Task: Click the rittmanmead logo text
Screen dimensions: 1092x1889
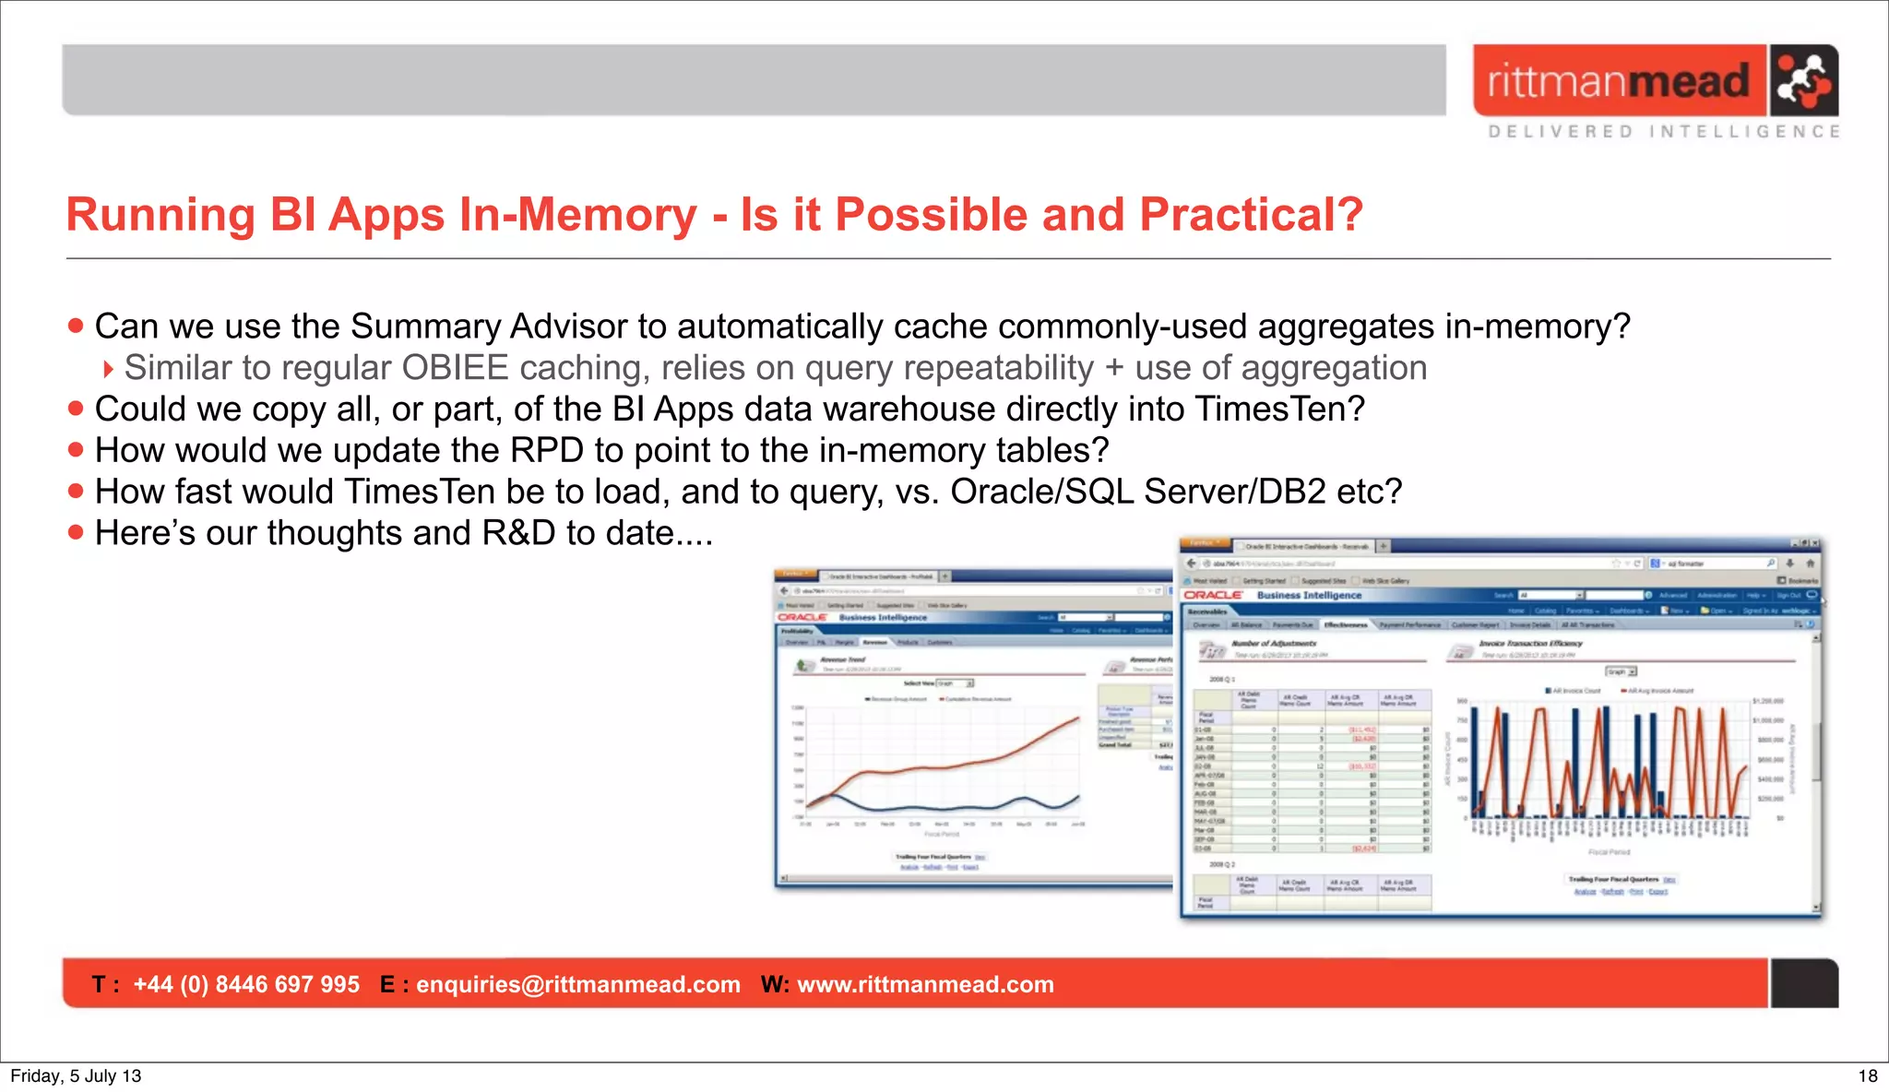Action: pyautogui.click(x=1618, y=81)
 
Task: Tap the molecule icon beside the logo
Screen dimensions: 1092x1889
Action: pyautogui.click(x=1803, y=80)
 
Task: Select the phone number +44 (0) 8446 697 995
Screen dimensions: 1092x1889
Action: pyautogui.click(x=246, y=984)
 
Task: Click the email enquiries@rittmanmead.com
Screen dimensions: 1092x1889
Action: pyautogui.click(x=578, y=984)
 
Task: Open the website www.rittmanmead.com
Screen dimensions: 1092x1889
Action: pyautogui.click(x=925, y=984)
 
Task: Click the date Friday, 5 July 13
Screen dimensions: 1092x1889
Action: pyautogui.click(x=76, y=1075)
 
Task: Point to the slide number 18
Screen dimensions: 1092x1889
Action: pyautogui.click(x=1867, y=1075)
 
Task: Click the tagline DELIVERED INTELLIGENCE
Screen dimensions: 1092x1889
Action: pyautogui.click(x=1664, y=132)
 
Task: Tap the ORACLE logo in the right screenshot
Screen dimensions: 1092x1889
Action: pyautogui.click(x=1212, y=595)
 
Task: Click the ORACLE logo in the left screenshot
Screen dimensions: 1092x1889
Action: pyautogui.click(x=802, y=617)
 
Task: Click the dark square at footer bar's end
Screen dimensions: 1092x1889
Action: pyautogui.click(x=1803, y=983)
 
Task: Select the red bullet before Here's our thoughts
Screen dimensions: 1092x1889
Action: pyautogui.click(x=76, y=532)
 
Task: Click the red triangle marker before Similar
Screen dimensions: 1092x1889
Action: pyautogui.click(x=108, y=369)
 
